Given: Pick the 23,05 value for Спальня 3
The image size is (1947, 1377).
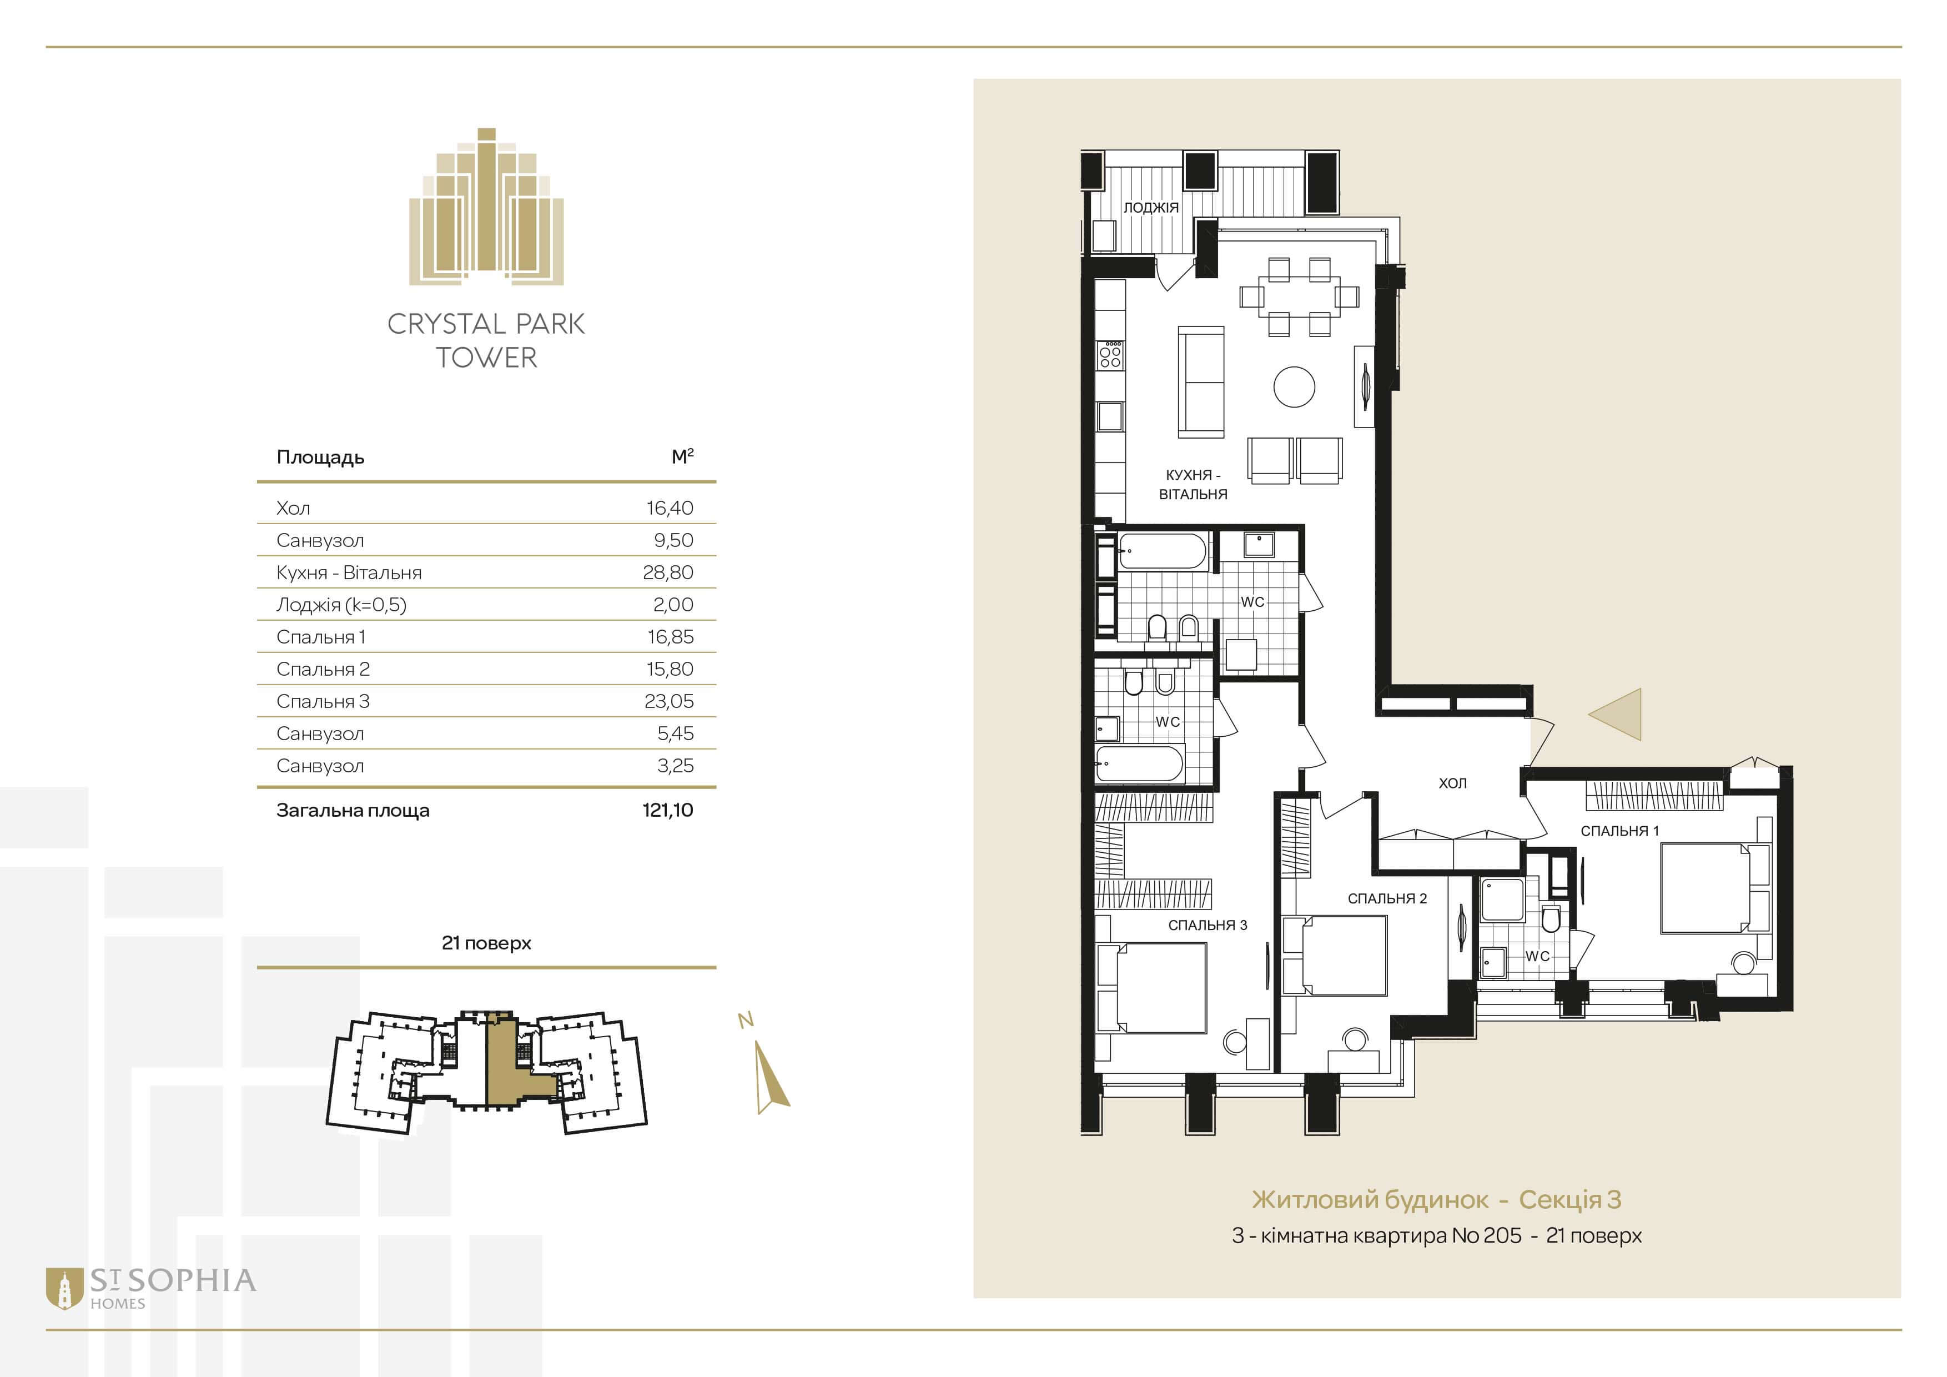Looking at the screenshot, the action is tap(668, 701).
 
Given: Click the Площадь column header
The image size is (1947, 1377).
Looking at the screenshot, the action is tap(320, 458).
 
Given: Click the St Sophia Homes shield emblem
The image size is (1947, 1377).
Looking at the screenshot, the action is tap(64, 1289).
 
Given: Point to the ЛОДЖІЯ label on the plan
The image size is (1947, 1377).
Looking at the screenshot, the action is tap(1151, 208).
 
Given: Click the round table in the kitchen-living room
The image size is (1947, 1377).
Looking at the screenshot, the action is tap(1294, 386).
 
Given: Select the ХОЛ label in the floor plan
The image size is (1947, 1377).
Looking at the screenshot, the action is tap(1453, 783).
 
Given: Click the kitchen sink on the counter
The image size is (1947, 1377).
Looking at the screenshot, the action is tap(1110, 416).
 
